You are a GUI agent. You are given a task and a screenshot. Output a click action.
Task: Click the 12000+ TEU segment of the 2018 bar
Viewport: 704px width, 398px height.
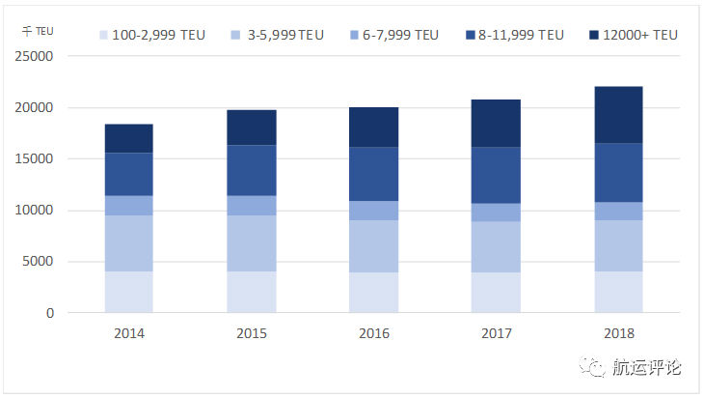pos(618,115)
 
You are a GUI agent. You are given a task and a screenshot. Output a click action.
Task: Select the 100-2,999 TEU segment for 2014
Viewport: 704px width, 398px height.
pos(129,292)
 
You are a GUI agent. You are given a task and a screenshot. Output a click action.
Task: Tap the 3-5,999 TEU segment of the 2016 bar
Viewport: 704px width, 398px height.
pos(373,246)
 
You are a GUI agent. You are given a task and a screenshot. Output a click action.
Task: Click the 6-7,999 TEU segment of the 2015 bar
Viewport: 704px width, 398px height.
pos(251,205)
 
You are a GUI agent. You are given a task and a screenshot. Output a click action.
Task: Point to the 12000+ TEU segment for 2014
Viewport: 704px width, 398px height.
pos(129,138)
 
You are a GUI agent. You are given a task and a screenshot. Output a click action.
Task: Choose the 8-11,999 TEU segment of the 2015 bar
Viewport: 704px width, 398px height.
pos(251,170)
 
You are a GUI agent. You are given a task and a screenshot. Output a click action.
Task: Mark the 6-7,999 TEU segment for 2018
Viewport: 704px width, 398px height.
pos(618,211)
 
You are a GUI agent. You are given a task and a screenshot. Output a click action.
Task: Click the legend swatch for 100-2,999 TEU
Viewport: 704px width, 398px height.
pos(103,35)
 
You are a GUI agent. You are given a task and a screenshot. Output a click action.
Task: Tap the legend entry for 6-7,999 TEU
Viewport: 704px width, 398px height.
pos(394,35)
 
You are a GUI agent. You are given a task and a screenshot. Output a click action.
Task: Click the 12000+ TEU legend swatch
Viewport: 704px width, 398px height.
pos(595,35)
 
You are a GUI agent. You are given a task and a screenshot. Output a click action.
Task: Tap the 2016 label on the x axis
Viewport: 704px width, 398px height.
pos(373,333)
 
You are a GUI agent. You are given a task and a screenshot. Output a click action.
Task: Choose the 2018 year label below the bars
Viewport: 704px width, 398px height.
pos(618,333)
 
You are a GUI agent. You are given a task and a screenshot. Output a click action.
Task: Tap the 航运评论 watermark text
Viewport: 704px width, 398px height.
pos(646,368)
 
